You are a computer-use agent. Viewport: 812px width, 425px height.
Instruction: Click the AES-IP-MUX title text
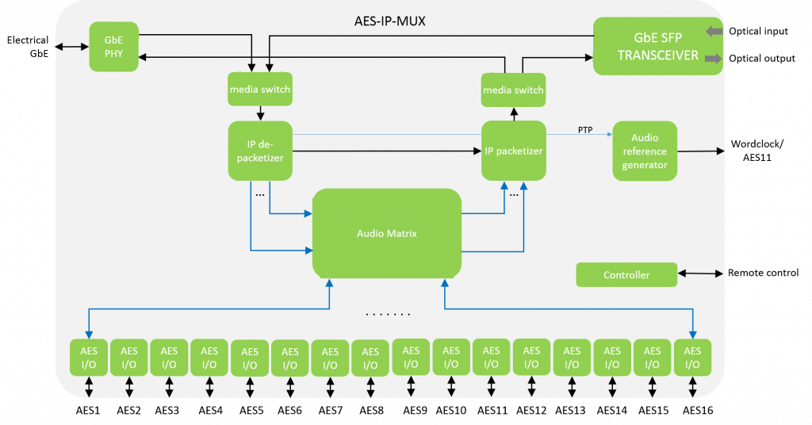pyautogui.click(x=389, y=21)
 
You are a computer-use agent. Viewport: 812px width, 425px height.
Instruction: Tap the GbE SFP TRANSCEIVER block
pyautogui.click(x=657, y=46)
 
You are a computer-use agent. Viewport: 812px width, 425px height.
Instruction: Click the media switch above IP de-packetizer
pyautogui.click(x=260, y=90)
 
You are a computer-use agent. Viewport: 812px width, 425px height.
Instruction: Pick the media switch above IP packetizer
pyautogui.click(x=514, y=90)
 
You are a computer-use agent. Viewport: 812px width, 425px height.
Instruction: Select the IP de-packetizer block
pyautogui.click(x=260, y=151)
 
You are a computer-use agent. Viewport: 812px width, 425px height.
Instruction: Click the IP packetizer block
pyautogui.click(x=514, y=151)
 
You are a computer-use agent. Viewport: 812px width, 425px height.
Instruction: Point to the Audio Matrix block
pyautogui.click(x=387, y=233)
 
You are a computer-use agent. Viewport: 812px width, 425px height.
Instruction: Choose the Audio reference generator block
pyautogui.click(x=645, y=151)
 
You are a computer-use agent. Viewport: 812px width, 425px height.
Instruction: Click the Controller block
pyautogui.click(x=626, y=275)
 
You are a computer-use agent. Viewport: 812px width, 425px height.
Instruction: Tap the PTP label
pyautogui.click(x=585, y=130)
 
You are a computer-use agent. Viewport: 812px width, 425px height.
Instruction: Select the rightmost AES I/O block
pyautogui.click(x=692, y=358)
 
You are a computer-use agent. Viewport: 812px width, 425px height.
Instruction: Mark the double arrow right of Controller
pyautogui.click(x=701, y=274)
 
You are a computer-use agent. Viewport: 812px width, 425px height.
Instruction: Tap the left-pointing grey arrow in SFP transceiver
pyautogui.click(x=714, y=32)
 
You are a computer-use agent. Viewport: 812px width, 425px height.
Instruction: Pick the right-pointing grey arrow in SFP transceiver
pyautogui.click(x=714, y=58)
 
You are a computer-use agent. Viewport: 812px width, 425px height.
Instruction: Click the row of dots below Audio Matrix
pyautogui.click(x=388, y=315)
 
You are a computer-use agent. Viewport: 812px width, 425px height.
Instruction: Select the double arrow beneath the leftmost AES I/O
pyautogui.click(x=89, y=387)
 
